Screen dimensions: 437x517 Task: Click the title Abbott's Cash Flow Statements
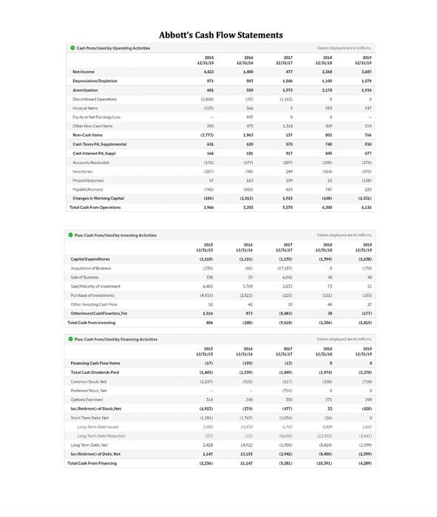(220, 35)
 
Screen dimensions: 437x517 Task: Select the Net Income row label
(84, 72)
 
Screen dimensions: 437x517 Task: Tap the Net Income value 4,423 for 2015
(208, 72)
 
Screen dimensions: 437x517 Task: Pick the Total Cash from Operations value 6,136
(366, 208)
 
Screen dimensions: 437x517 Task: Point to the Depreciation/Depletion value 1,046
(288, 81)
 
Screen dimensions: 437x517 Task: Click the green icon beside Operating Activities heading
(72, 48)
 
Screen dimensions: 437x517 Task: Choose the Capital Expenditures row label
(89, 259)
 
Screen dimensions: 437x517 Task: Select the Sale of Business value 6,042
(287, 277)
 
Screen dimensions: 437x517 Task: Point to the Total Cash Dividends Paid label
(95, 372)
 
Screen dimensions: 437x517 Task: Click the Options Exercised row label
(86, 400)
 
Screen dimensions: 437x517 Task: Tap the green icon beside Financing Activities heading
(71, 339)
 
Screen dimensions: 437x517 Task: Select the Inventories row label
(82, 171)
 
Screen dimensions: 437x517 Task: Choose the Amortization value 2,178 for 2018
(327, 90)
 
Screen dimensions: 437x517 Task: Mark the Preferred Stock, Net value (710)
(287, 391)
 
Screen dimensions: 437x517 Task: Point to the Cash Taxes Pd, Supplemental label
(99, 144)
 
